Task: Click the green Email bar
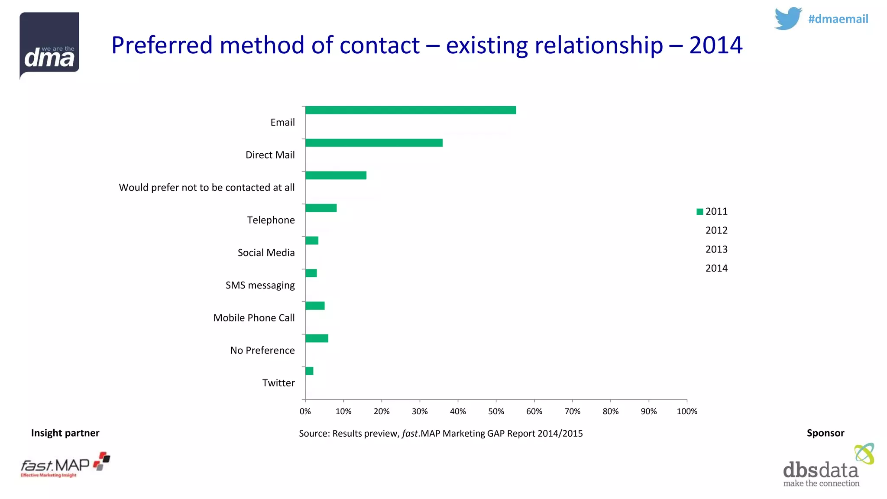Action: [x=410, y=110]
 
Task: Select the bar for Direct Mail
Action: [x=373, y=143]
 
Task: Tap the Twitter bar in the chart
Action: [x=309, y=371]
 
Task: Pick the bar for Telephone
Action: [x=320, y=208]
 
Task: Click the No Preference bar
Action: [x=316, y=338]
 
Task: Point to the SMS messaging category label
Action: [x=260, y=285]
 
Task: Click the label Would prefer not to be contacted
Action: [x=207, y=188]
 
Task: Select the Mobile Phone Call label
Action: [x=254, y=318]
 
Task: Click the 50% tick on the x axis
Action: [x=496, y=411]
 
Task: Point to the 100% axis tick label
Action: [x=687, y=411]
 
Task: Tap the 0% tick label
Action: [x=305, y=411]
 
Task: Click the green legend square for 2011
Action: [x=699, y=212]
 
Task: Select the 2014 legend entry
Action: [x=716, y=268]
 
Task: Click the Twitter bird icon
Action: [x=788, y=19]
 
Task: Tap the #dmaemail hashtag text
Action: [x=838, y=19]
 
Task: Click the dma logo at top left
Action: [x=49, y=45]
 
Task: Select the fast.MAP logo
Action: [x=65, y=465]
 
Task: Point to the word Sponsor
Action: [x=825, y=433]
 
